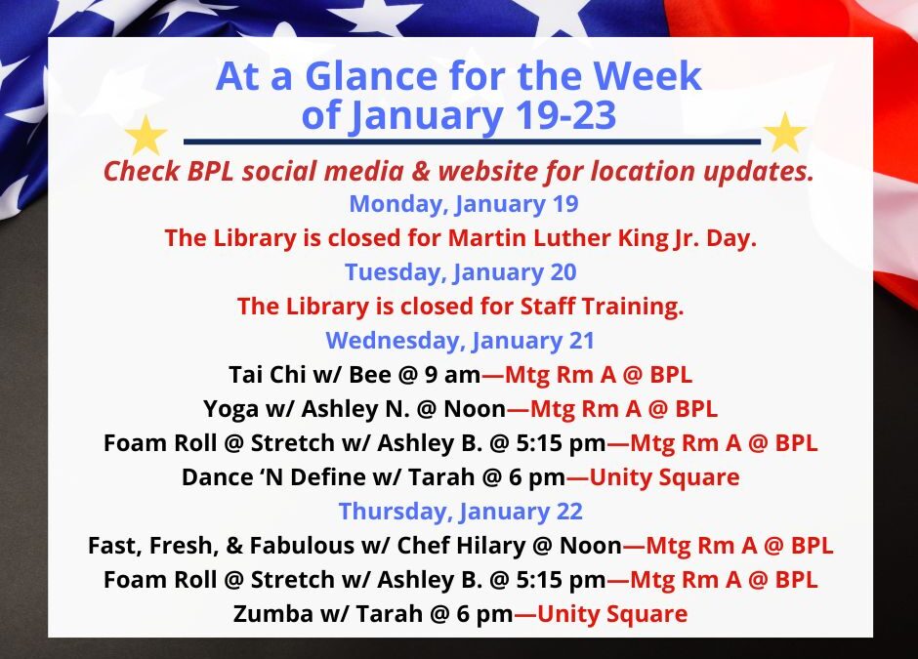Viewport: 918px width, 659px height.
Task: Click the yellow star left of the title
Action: (x=146, y=136)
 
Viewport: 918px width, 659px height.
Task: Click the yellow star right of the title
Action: (x=784, y=134)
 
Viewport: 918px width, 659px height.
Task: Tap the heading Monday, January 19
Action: (x=463, y=204)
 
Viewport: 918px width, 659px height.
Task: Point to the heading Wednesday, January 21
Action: (x=460, y=340)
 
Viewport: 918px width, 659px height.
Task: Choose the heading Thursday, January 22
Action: (x=460, y=511)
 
